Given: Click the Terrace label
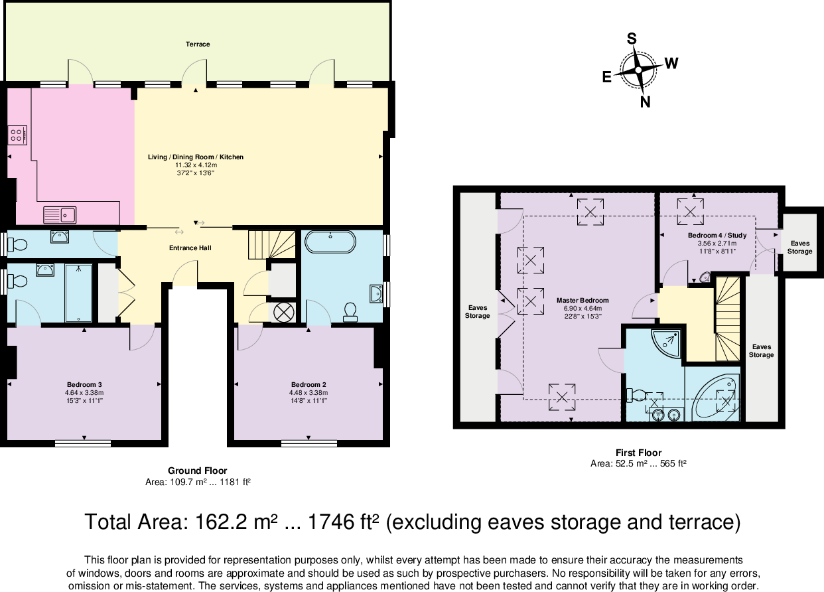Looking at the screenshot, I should (198, 44).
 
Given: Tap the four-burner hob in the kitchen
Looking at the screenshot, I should (17, 135).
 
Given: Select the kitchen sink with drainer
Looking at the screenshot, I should (60, 214).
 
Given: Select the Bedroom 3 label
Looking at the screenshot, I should (84, 385).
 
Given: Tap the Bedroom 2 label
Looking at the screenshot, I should (309, 385).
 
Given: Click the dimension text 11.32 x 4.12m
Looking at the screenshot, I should (195, 165).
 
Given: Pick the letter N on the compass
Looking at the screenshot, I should (645, 102).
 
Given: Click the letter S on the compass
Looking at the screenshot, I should (632, 39).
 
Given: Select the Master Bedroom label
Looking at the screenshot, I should (573, 301).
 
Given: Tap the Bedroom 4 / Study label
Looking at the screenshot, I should (717, 236).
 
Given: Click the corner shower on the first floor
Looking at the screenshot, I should (665, 342).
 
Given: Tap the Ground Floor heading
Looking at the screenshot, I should (197, 471).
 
